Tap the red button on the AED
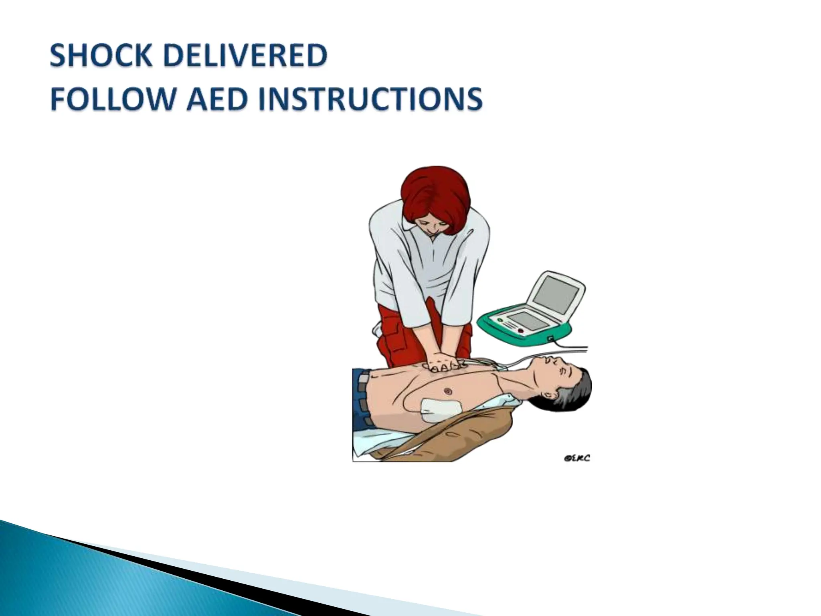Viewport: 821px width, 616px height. (521, 331)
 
